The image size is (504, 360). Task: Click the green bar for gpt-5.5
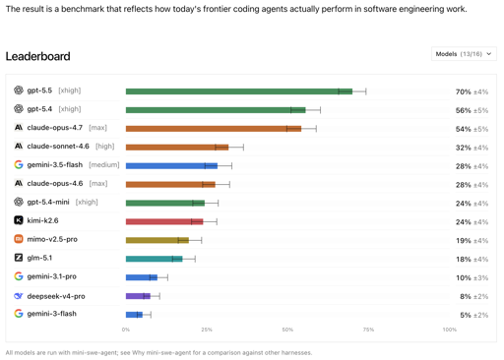pyautogui.click(x=239, y=91)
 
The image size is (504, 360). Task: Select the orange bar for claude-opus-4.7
pyautogui.click(x=214, y=129)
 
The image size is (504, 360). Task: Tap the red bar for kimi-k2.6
pyautogui.click(x=164, y=221)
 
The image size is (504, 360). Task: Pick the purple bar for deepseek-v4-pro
pyautogui.click(x=138, y=296)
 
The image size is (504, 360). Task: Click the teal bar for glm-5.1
pyautogui.click(x=155, y=259)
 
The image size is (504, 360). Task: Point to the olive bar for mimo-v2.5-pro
pyautogui.click(x=157, y=240)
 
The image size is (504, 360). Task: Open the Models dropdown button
pyautogui.click(x=464, y=54)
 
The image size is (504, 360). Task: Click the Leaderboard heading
pyautogui.click(x=38, y=56)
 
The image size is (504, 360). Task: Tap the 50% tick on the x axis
pyautogui.click(x=287, y=330)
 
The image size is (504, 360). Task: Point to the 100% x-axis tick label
pyautogui.click(x=450, y=330)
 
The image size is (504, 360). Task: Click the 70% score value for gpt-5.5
pyautogui.click(x=464, y=91)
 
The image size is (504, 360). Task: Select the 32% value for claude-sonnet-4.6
pyautogui.click(x=464, y=148)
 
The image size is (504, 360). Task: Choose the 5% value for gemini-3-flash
pyautogui.click(x=466, y=315)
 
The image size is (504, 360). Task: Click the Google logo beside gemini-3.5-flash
pyautogui.click(x=19, y=164)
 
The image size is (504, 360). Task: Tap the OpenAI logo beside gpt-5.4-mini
pyautogui.click(x=19, y=202)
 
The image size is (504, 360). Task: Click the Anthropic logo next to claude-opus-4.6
pyautogui.click(x=19, y=183)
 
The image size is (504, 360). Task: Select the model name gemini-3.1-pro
pyautogui.click(x=52, y=276)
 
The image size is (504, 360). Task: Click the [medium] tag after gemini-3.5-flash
pyautogui.click(x=104, y=164)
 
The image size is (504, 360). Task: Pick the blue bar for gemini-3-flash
pyautogui.click(x=134, y=315)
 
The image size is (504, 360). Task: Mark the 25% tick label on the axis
pyautogui.click(x=207, y=330)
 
